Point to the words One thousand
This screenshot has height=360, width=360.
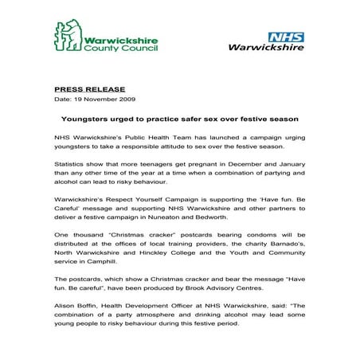coord(76,236)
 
